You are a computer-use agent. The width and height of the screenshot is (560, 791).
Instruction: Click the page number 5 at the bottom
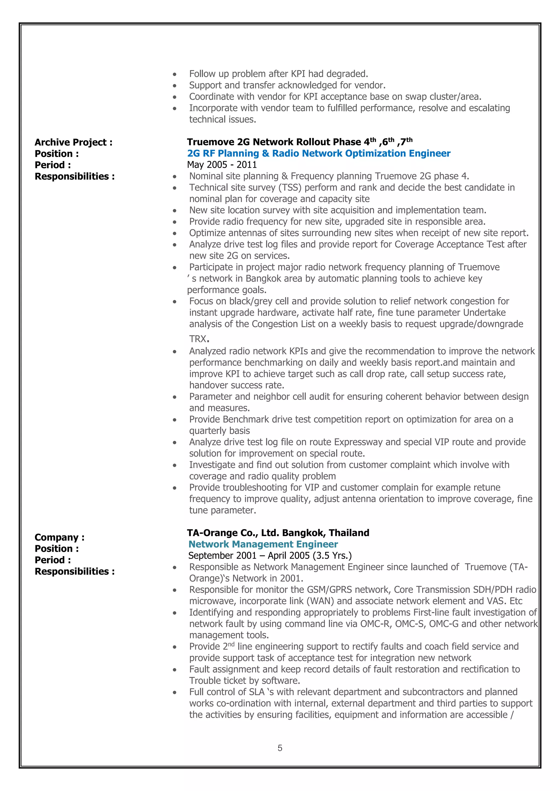point(280,748)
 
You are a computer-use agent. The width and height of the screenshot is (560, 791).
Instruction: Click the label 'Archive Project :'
point(74,142)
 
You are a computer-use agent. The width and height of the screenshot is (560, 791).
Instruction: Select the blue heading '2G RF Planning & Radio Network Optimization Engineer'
point(319,153)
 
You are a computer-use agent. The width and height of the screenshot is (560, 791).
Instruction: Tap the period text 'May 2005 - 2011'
point(222,165)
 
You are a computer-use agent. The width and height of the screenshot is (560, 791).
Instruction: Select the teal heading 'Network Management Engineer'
point(263,544)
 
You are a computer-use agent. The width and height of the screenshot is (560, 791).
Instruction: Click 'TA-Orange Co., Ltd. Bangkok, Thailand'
point(278,533)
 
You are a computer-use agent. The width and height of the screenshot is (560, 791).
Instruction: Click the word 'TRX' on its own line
point(198,339)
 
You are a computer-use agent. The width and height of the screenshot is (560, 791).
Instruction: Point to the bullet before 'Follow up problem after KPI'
point(175,74)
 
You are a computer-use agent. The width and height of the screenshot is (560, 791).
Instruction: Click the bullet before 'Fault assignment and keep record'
point(175,670)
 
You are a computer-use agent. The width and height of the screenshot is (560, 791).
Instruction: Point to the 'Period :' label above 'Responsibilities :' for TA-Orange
point(53,560)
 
